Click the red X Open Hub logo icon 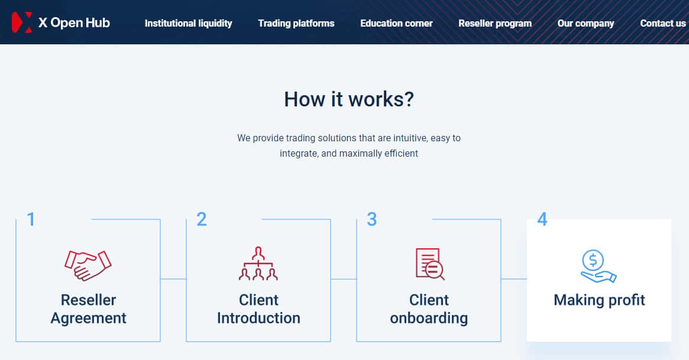(x=21, y=22)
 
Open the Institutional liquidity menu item (x=188, y=24)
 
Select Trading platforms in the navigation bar (x=296, y=24)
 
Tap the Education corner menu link (x=396, y=24)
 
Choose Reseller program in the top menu (x=495, y=24)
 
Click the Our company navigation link (x=586, y=24)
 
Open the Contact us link (x=663, y=24)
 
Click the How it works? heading (x=349, y=99)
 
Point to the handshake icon (x=88, y=265)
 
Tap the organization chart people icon (x=258, y=264)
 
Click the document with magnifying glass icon (x=429, y=264)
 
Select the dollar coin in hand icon (x=598, y=266)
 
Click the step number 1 (x=31, y=220)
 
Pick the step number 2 (x=202, y=220)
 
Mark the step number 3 (x=371, y=220)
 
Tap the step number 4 (x=542, y=220)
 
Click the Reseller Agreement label (x=88, y=309)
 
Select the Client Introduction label (x=258, y=309)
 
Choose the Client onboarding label (x=429, y=309)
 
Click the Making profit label (x=599, y=300)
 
